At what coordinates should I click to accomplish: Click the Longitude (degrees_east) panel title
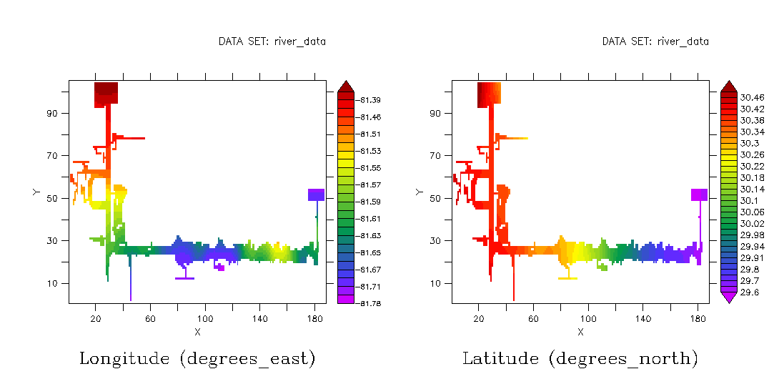tap(197, 358)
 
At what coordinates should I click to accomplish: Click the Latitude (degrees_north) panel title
tap(580, 358)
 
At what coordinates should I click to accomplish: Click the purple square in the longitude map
tap(316, 195)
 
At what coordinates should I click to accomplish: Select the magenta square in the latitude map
tap(699, 195)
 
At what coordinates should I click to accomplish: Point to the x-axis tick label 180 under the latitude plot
tap(698, 317)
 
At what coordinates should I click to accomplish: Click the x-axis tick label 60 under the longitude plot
tap(150, 317)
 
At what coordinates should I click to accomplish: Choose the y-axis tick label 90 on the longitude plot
tap(53, 113)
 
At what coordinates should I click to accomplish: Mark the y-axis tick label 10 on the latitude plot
tap(437, 283)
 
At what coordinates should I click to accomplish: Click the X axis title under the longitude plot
tap(197, 332)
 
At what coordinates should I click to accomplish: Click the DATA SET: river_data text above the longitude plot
tap(272, 41)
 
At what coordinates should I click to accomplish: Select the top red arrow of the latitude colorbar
tap(728, 87)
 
